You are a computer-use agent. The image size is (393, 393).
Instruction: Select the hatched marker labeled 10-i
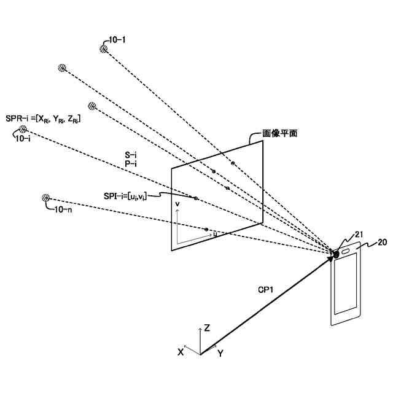click(23, 129)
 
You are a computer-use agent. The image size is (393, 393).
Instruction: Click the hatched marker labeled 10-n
click(45, 198)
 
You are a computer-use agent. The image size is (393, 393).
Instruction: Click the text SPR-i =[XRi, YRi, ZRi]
click(42, 119)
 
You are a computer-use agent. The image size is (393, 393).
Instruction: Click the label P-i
click(130, 163)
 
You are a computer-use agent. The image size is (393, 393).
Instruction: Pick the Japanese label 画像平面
click(279, 133)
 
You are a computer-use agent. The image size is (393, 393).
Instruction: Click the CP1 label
click(266, 289)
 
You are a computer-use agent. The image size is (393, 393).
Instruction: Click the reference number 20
click(381, 242)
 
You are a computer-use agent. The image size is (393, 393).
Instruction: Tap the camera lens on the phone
click(336, 254)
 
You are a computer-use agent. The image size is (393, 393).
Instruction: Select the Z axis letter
click(208, 329)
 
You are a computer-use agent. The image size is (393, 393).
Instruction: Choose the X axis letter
click(181, 352)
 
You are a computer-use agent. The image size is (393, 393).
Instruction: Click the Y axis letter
click(220, 354)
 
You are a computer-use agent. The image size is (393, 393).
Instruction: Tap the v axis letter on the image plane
click(177, 203)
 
